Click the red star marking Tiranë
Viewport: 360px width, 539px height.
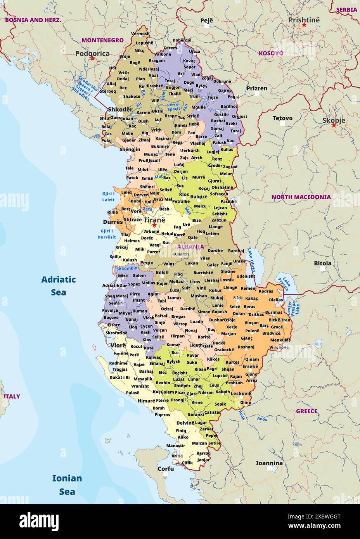click(x=154, y=225)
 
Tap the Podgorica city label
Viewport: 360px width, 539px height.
click(x=92, y=54)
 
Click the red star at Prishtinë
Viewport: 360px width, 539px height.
click(x=304, y=25)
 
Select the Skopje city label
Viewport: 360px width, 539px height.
click(x=334, y=120)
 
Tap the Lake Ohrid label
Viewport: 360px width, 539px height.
click(x=253, y=260)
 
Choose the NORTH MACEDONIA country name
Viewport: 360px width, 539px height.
click(x=301, y=197)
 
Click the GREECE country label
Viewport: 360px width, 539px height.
click(x=306, y=411)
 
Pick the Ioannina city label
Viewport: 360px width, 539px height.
click(x=269, y=463)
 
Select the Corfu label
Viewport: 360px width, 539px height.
click(x=166, y=468)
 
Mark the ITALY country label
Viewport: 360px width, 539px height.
click(x=12, y=396)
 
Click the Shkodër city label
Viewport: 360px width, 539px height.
click(x=120, y=109)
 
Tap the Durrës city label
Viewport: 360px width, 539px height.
click(x=112, y=222)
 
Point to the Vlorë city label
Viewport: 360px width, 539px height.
click(x=118, y=345)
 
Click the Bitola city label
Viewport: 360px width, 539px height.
click(x=323, y=263)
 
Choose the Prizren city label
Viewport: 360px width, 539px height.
click(x=257, y=88)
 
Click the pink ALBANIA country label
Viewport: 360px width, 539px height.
click(x=190, y=247)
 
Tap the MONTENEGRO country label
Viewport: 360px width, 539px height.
click(x=102, y=40)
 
